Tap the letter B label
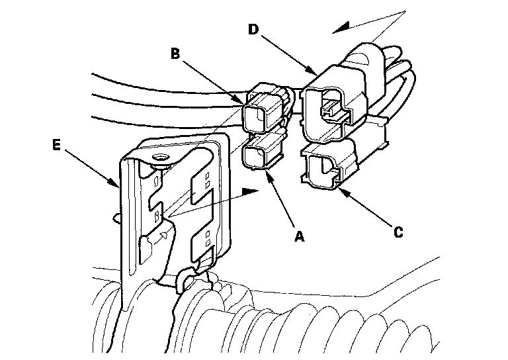(x=175, y=54)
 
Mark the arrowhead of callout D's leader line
(x=314, y=71)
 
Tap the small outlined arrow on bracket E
(x=161, y=234)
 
